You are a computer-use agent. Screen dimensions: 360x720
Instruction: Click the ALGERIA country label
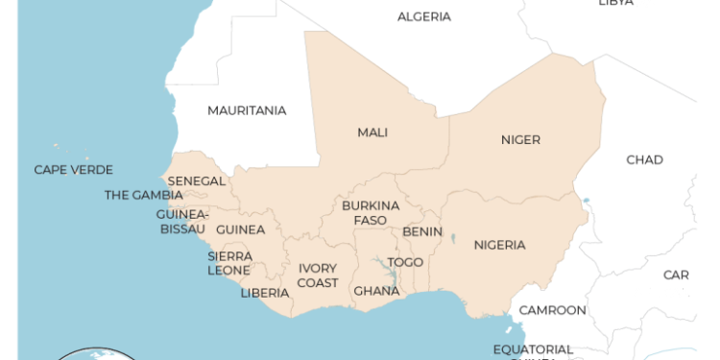(423, 16)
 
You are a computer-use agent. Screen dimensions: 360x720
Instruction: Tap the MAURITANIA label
(247, 110)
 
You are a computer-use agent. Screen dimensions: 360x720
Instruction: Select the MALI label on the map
(372, 132)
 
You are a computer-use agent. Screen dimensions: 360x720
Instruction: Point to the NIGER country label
(520, 140)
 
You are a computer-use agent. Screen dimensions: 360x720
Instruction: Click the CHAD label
(644, 159)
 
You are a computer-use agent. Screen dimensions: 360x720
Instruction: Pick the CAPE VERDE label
(73, 170)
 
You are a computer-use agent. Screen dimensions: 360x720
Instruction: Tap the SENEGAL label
(197, 180)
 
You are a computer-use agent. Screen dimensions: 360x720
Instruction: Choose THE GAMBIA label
(143, 196)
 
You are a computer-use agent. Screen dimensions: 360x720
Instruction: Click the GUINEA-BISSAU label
(182, 222)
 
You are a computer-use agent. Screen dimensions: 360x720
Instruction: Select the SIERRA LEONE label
(230, 263)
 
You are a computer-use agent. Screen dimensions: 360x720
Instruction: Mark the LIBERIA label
(264, 293)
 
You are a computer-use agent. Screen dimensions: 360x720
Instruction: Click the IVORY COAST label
(318, 276)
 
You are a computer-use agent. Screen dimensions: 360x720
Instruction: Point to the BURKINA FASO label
(371, 213)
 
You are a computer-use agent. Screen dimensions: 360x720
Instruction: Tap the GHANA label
(376, 291)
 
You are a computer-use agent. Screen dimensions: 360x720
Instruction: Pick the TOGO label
(405, 262)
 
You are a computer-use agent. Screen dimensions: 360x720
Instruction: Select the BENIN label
(422, 231)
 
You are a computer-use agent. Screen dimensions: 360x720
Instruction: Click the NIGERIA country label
(499, 245)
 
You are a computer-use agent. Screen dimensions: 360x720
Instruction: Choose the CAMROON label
(552, 310)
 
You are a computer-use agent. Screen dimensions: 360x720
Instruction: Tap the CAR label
(676, 276)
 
